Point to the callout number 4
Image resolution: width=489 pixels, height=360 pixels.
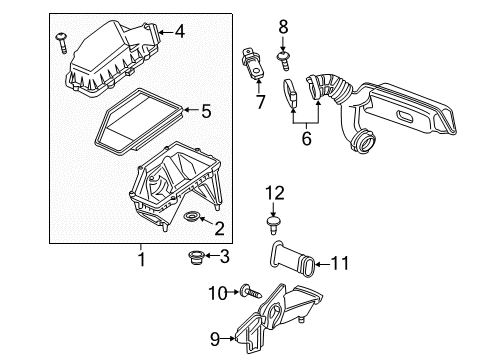pos(180,32)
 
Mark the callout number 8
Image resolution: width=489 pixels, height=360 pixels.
pos(283,25)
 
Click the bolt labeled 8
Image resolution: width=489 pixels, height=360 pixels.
pos(283,48)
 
